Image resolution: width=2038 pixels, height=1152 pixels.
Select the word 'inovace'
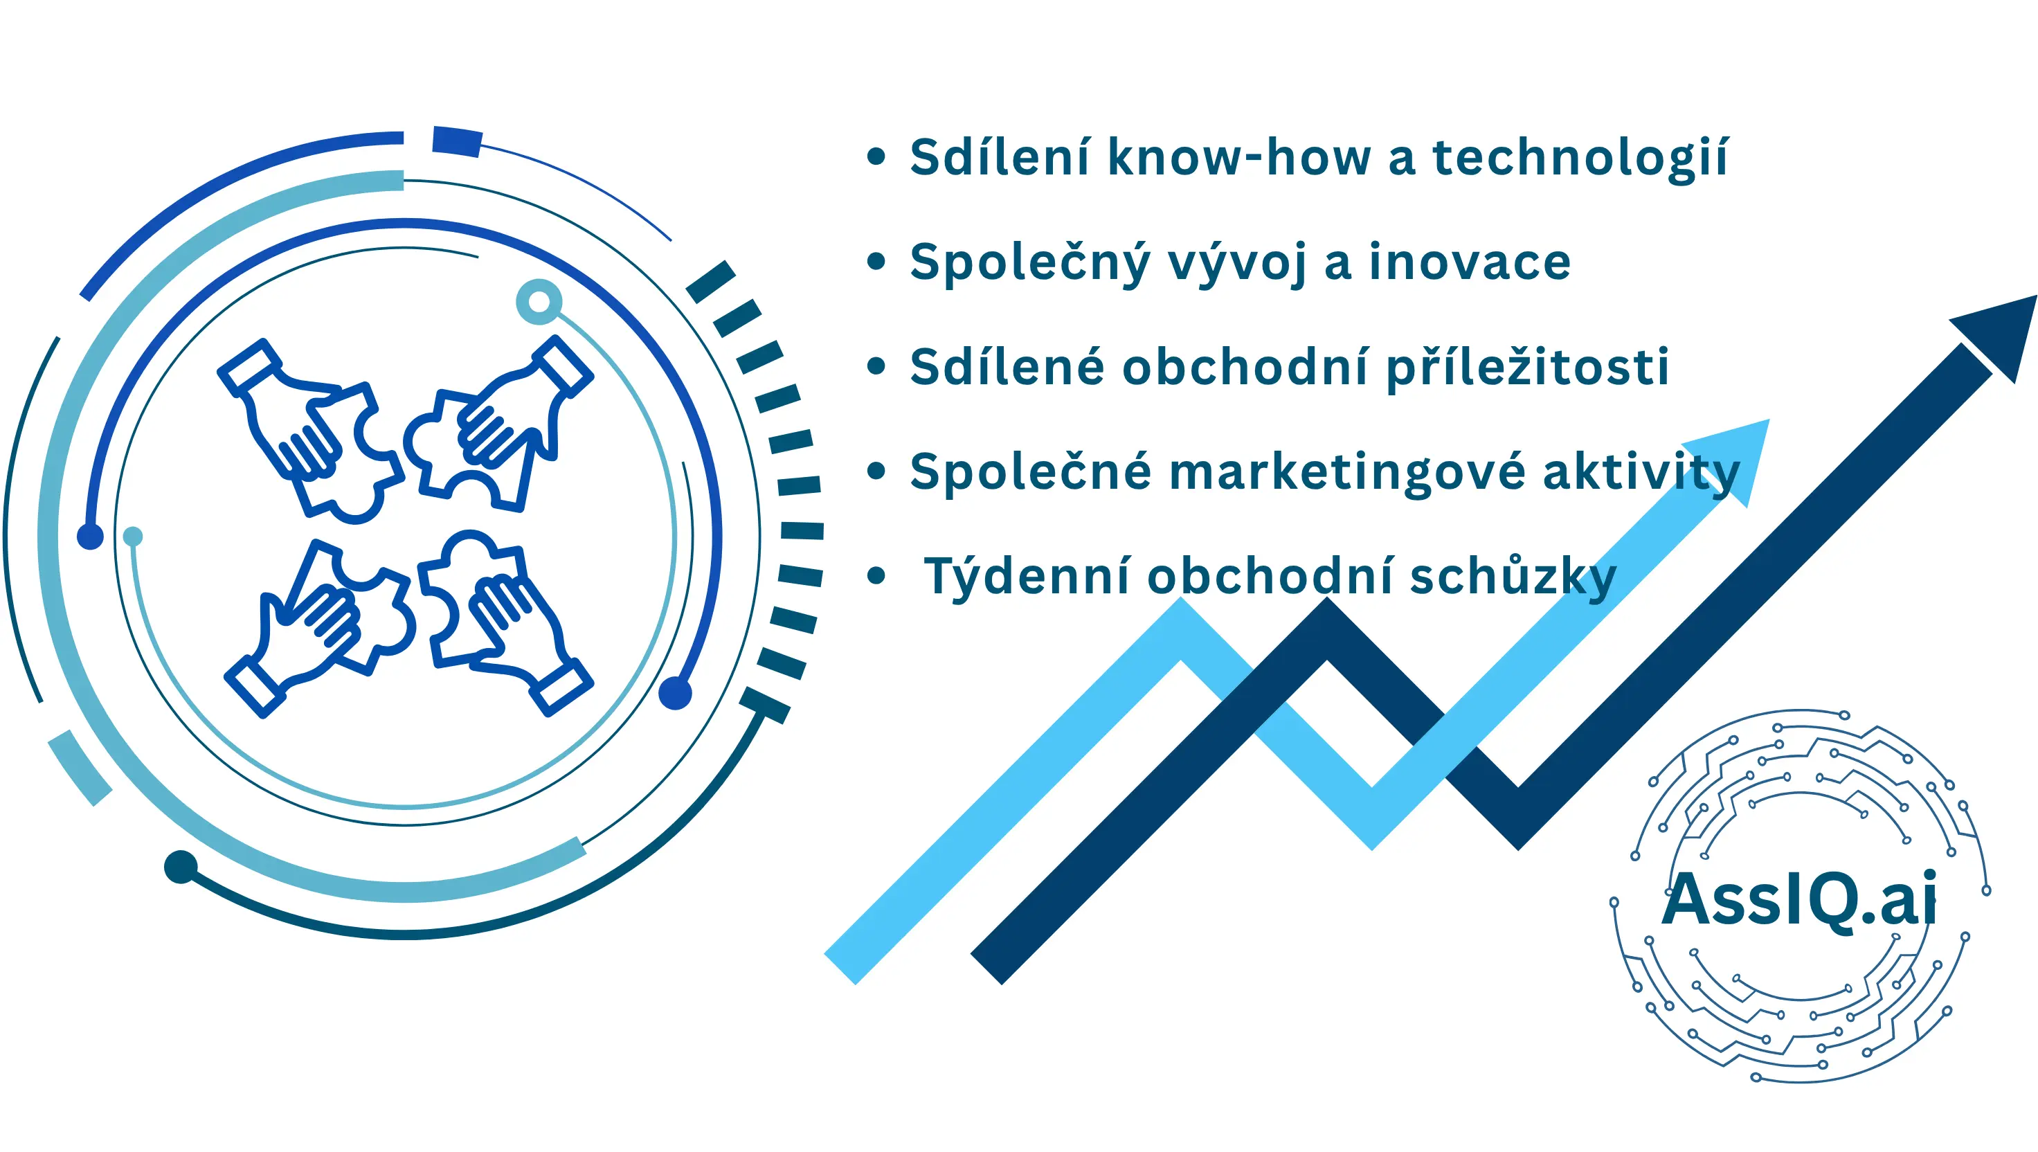tap(1469, 262)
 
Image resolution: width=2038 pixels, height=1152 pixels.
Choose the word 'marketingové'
tap(1346, 473)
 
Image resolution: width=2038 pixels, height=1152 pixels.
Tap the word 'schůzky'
tap(1513, 576)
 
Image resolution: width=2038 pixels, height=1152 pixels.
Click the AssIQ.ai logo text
tap(1798, 899)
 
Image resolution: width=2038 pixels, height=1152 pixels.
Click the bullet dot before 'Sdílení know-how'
tap(876, 156)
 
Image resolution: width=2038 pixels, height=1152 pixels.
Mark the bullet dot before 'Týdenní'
tap(876, 576)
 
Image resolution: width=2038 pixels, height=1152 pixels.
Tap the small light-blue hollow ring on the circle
tap(539, 301)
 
